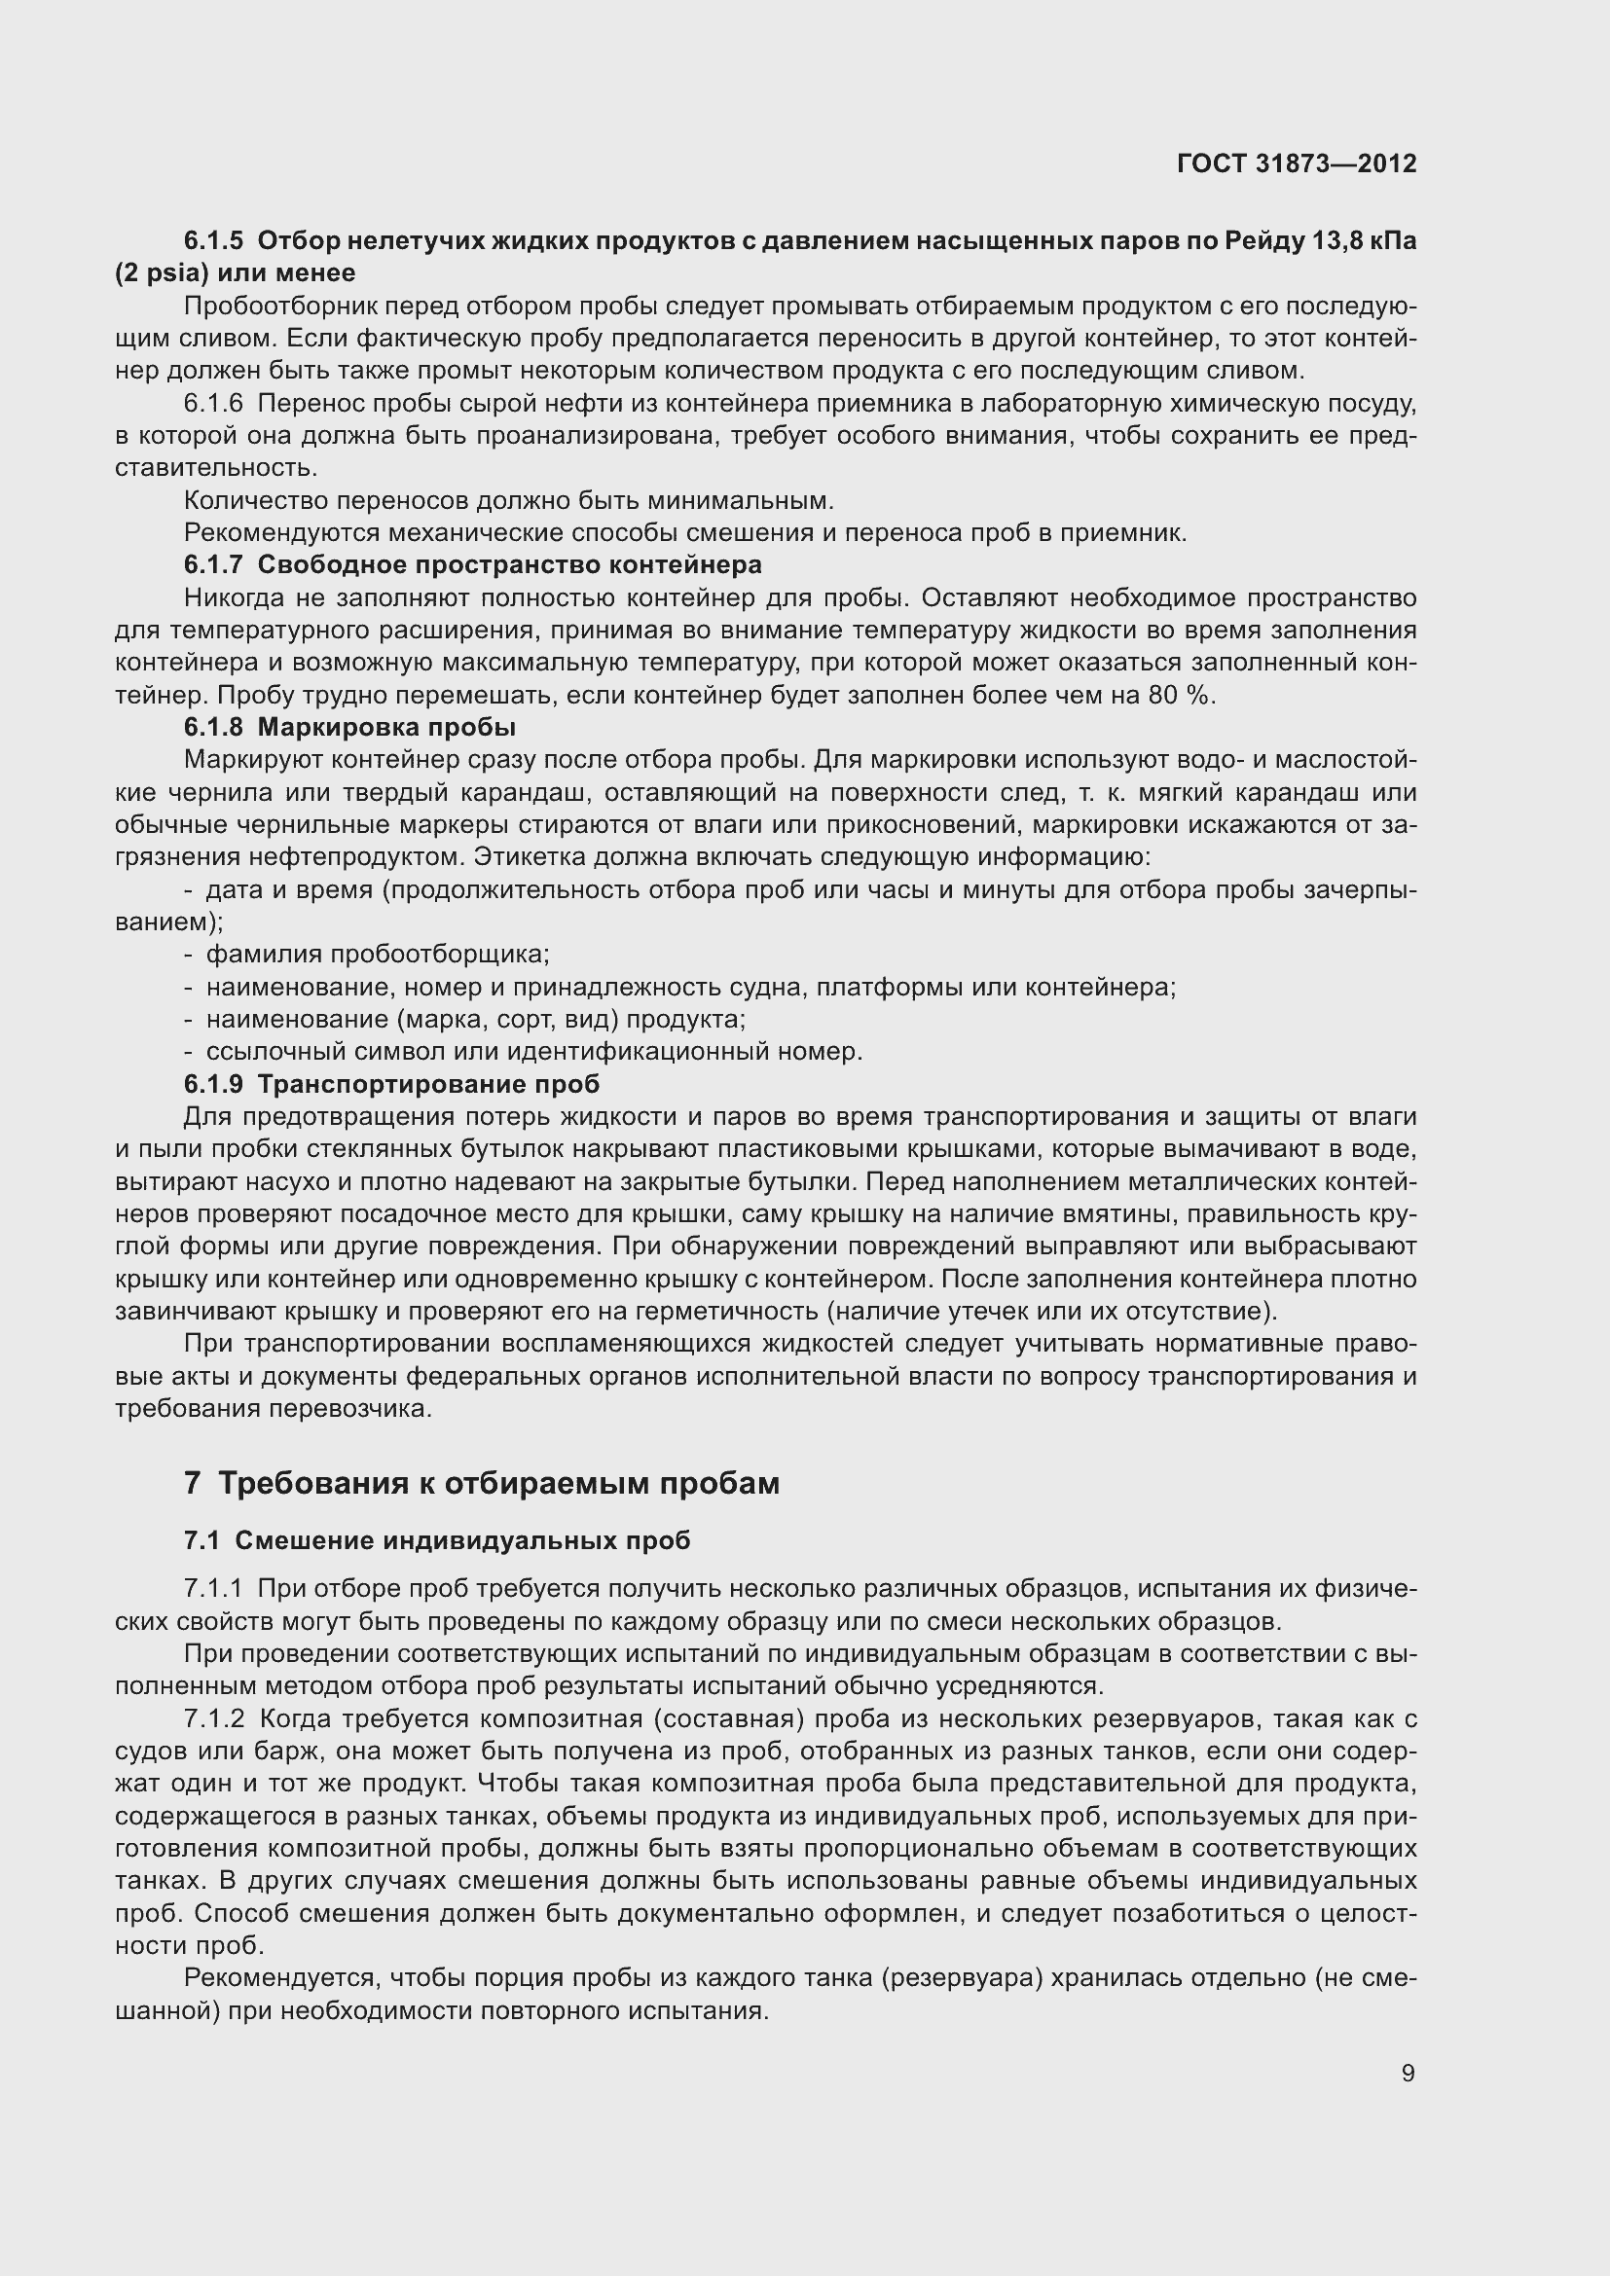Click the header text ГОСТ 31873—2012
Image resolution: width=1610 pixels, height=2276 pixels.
pyautogui.click(x=1297, y=163)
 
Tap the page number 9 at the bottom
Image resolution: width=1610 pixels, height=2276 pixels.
pyautogui.click(x=1408, y=2073)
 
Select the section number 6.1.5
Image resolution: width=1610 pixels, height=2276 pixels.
pyautogui.click(x=213, y=241)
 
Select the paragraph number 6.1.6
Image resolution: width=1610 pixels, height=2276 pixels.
pyautogui.click(x=213, y=404)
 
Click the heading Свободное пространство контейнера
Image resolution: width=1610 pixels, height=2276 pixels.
pyautogui.click(x=509, y=565)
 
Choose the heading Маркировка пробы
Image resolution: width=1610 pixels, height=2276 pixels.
pyautogui.click(x=386, y=728)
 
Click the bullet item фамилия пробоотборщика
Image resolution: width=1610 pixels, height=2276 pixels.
pyautogui.click(x=378, y=955)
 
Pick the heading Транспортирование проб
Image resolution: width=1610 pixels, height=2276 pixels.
pyautogui.click(x=428, y=1084)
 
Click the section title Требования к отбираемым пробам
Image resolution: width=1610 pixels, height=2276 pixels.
pyautogui.click(x=498, y=1483)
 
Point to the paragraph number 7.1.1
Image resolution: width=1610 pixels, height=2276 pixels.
pyautogui.click(x=213, y=1588)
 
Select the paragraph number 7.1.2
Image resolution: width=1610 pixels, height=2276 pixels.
pyautogui.click(x=213, y=1717)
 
